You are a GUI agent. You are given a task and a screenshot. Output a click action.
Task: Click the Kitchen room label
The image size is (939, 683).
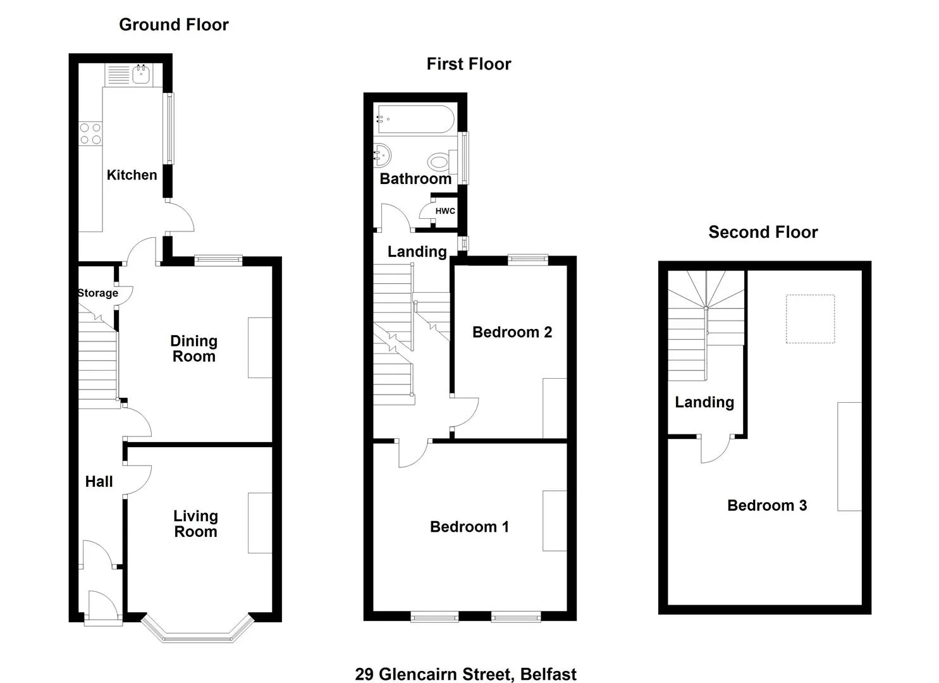[132, 175]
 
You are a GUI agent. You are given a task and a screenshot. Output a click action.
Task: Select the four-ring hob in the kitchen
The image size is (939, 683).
[90, 133]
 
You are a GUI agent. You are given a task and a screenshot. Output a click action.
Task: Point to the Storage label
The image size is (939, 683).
[98, 293]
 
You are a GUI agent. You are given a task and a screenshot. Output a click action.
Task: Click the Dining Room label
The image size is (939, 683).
[194, 348]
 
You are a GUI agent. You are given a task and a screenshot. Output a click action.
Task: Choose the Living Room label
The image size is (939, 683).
[195, 524]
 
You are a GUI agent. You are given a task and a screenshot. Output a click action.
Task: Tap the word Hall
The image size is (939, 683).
[99, 482]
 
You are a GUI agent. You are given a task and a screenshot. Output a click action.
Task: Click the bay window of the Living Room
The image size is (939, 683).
[197, 634]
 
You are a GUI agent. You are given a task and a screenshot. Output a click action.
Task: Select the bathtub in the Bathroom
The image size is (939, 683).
[414, 119]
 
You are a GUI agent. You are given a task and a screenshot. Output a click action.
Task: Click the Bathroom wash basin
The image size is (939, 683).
[382, 154]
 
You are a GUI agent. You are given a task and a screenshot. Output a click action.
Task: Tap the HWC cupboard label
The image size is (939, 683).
[445, 211]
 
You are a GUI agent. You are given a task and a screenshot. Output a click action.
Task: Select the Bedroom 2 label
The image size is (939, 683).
[512, 332]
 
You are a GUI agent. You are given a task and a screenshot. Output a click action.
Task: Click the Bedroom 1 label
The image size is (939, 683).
[469, 527]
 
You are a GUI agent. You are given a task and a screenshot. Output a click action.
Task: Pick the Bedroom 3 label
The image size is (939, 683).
[767, 505]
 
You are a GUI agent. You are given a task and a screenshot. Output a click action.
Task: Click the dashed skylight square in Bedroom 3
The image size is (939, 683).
[810, 319]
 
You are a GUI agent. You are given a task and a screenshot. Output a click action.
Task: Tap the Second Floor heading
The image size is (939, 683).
[763, 232]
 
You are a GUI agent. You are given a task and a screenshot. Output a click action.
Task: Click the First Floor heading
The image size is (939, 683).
[469, 64]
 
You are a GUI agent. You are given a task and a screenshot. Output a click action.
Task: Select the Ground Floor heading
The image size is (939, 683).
[174, 25]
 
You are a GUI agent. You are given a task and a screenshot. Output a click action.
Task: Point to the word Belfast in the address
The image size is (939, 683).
[548, 674]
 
